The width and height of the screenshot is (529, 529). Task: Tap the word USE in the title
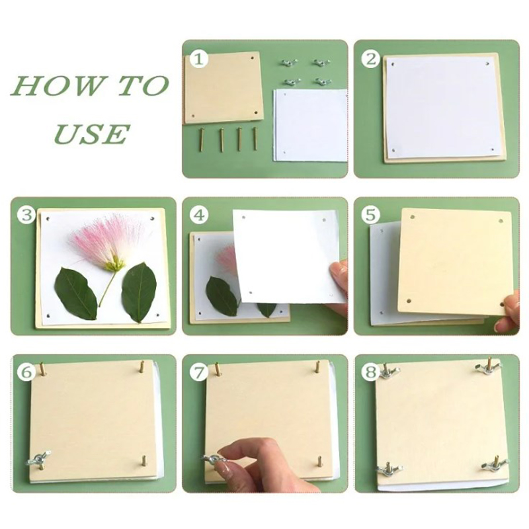tap(92, 134)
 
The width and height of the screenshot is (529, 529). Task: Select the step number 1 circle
tap(199, 60)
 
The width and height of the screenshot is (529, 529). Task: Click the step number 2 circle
tap(371, 59)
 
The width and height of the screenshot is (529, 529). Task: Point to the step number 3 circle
tap(26, 216)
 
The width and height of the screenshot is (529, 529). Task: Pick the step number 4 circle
tap(199, 216)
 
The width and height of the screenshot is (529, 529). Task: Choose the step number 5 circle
tap(371, 214)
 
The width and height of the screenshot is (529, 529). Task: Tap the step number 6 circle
tap(26, 372)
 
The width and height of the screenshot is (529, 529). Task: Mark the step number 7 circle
tap(199, 372)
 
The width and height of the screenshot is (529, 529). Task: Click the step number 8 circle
tap(371, 372)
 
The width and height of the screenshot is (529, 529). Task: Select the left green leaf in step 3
tap(75, 293)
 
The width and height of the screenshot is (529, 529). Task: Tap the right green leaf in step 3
tap(139, 292)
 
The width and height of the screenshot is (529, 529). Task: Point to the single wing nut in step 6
tap(38, 458)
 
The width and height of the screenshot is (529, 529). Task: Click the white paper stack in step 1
tap(311, 125)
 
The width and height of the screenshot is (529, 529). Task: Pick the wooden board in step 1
tap(224, 88)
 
